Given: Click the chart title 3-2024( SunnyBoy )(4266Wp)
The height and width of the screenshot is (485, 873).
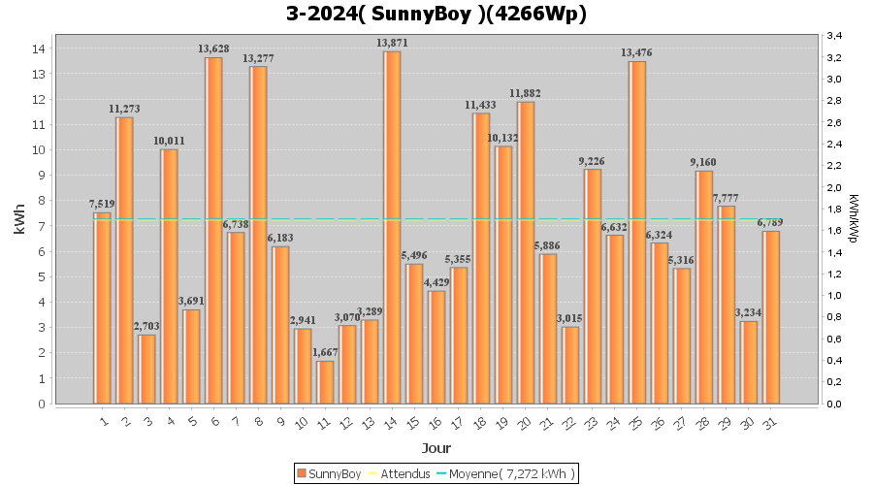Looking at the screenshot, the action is pyautogui.click(x=436, y=14).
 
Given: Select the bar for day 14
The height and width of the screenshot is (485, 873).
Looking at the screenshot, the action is pyautogui.click(x=392, y=228).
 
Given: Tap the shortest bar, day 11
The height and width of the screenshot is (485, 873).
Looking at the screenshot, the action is pyautogui.click(x=325, y=382).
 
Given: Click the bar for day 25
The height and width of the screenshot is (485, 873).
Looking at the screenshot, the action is pyautogui.click(x=637, y=233).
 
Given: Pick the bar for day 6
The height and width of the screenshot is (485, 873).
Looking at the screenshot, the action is pyautogui.click(x=213, y=231).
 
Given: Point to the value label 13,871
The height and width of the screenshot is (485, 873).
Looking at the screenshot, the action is pyautogui.click(x=392, y=43).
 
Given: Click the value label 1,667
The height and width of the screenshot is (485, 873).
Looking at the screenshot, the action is pyautogui.click(x=325, y=352).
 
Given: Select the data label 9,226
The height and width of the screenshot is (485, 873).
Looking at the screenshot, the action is pyautogui.click(x=592, y=161).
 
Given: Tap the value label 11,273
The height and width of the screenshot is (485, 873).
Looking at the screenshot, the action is pyautogui.click(x=124, y=110).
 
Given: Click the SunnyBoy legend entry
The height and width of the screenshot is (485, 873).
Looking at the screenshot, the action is pyautogui.click(x=329, y=474).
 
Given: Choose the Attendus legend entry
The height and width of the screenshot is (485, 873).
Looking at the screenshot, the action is pyautogui.click(x=400, y=474).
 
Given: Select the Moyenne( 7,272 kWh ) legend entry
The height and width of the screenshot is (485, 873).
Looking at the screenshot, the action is pyautogui.click(x=505, y=474).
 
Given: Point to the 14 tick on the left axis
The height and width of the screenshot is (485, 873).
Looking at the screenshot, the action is pyautogui.click(x=39, y=48).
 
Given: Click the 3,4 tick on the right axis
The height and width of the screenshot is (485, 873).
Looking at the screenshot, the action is pyautogui.click(x=834, y=36).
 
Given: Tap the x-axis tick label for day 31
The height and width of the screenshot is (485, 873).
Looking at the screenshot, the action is pyautogui.click(x=770, y=424).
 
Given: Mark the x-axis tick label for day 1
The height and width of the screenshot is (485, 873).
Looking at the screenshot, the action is pyautogui.click(x=104, y=422).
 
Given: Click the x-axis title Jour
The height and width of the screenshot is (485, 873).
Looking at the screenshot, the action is pyautogui.click(x=436, y=448).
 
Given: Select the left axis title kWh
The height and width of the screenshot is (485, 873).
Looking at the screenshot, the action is pyautogui.click(x=19, y=219).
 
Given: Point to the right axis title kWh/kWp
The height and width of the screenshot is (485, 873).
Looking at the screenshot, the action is pyautogui.click(x=854, y=218).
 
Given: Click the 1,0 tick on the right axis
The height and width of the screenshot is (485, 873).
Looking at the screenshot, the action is pyautogui.click(x=834, y=296).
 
